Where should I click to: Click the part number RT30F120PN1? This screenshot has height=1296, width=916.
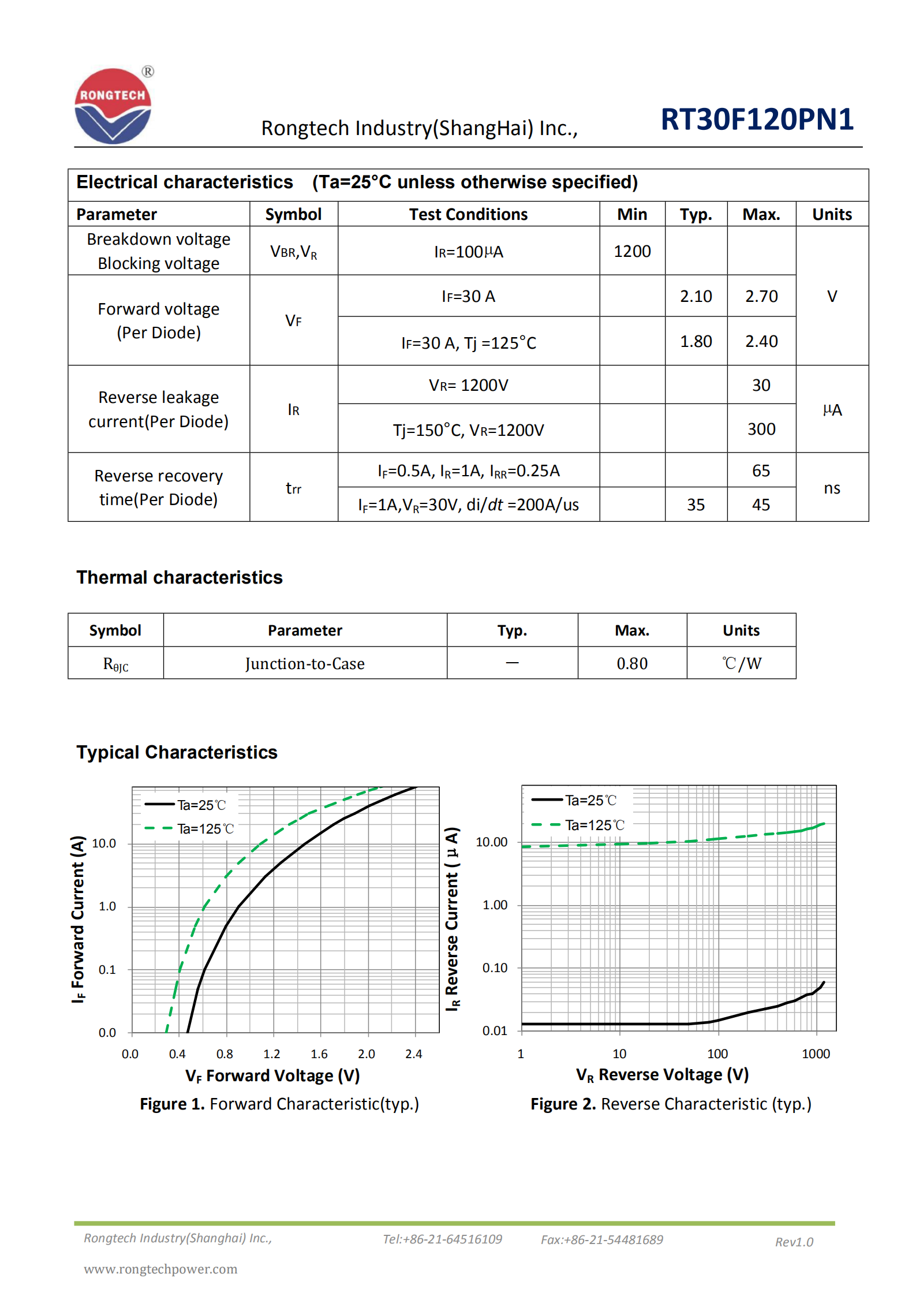[757, 119]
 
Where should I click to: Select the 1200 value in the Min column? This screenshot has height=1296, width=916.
[632, 252]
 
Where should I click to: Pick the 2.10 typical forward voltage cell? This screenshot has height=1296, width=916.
[696, 297]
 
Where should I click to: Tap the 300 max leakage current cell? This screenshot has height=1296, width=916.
[761, 429]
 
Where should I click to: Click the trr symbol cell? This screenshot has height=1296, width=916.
[293, 488]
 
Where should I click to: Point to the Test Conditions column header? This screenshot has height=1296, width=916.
[468, 215]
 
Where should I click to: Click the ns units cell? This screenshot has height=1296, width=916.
[832, 488]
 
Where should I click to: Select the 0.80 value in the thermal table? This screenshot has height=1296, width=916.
[632, 663]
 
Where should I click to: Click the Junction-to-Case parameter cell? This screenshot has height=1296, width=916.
[305, 663]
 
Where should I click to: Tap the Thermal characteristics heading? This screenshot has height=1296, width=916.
[180, 577]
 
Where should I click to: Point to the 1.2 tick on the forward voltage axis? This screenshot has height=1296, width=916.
[272, 1054]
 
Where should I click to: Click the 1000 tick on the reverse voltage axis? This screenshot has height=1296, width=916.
[816, 1054]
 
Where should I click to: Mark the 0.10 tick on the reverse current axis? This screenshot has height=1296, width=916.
[495, 968]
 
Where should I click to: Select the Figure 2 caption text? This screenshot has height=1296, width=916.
[671, 1104]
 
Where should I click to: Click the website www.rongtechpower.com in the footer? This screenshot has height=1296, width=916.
[160, 1269]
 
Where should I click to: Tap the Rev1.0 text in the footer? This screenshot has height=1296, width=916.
[794, 1242]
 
